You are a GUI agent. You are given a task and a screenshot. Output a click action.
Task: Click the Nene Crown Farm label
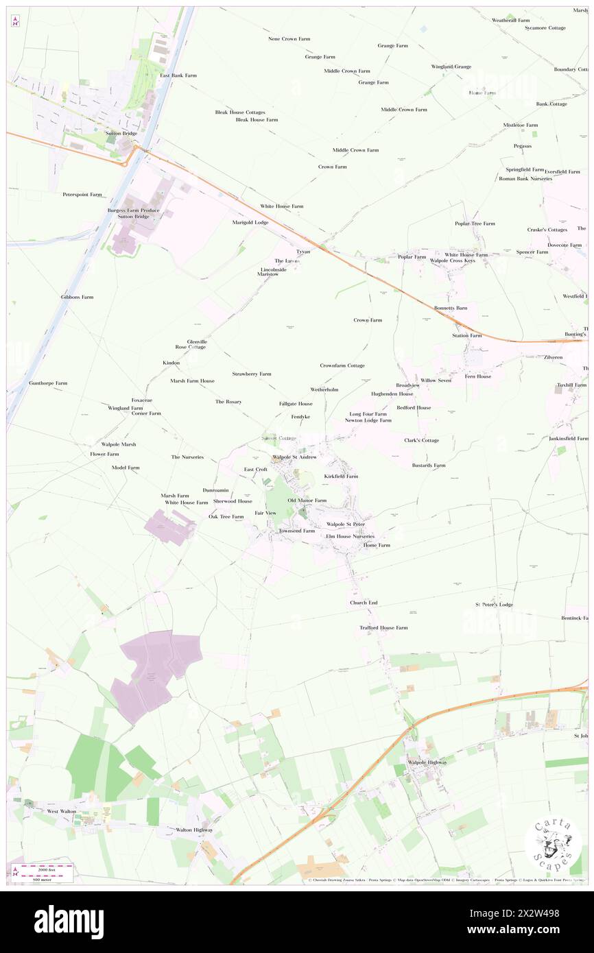(289, 39)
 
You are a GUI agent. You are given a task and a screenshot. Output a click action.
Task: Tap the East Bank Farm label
(178, 75)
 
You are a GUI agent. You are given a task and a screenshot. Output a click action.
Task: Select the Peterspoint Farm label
(82, 195)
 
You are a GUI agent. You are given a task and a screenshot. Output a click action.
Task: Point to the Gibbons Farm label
(77, 297)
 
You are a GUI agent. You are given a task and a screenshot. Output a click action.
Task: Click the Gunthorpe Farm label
(48, 383)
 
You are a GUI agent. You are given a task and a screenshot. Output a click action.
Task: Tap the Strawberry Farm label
(251, 374)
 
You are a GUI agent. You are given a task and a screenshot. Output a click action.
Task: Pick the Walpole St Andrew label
(294, 457)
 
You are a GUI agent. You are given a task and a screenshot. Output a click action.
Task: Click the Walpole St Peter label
(346, 524)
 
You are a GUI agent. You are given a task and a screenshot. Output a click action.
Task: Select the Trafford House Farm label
(383, 627)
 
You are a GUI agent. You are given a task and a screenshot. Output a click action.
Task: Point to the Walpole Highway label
(427, 762)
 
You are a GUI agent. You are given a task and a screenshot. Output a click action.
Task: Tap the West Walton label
(61, 811)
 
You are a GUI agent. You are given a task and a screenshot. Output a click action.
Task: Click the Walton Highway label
(194, 830)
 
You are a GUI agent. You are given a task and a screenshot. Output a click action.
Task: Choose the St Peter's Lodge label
(494, 605)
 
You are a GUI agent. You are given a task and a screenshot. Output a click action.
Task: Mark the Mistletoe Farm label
(521, 125)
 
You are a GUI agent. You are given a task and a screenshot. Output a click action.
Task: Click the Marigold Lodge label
(250, 223)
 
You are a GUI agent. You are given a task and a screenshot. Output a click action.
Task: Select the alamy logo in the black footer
(69, 921)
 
